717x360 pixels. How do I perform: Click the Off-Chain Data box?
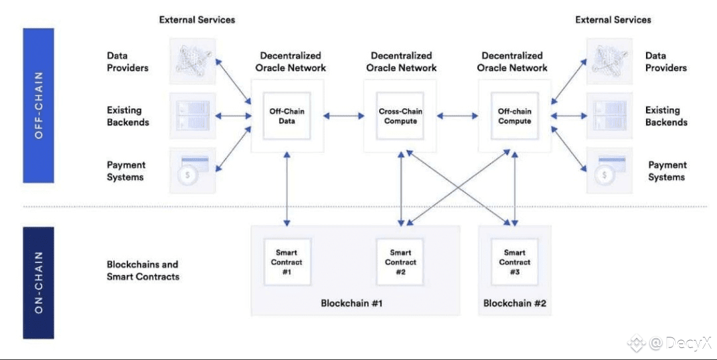(x=287, y=116)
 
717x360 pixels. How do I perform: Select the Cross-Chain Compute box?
(x=400, y=116)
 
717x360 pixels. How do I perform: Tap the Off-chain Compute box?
(x=515, y=116)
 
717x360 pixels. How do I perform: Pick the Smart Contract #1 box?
(x=287, y=262)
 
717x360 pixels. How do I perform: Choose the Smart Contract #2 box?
(x=400, y=262)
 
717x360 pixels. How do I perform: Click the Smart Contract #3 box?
(x=515, y=262)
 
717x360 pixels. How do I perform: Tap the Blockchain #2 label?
(x=515, y=303)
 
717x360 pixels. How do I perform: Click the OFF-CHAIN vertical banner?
(x=39, y=105)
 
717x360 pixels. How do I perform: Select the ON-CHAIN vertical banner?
(x=39, y=282)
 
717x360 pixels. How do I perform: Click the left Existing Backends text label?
(x=128, y=116)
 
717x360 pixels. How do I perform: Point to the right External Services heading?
(x=613, y=20)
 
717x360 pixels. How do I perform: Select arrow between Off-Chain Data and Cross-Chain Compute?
(x=344, y=117)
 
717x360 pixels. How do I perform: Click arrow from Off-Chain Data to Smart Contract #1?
(x=287, y=188)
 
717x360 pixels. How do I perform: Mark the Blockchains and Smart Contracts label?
(x=143, y=270)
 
